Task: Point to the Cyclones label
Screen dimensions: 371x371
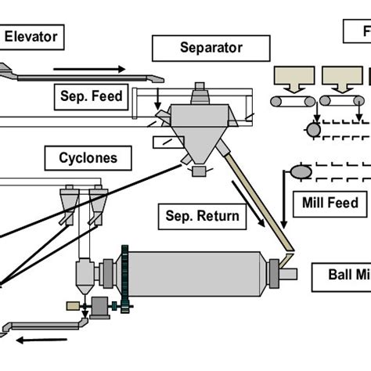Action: (x=88, y=158)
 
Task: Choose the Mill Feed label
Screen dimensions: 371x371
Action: (x=330, y=204)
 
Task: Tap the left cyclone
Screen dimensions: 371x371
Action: (x=69, y=201)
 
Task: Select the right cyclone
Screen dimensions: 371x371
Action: (x=98, y=201)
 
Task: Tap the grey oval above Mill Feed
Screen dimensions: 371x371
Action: (x=300, y=171)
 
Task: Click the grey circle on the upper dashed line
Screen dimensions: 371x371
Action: (x=313, y=128)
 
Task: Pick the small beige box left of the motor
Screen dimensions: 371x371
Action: (x=73, y=304)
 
